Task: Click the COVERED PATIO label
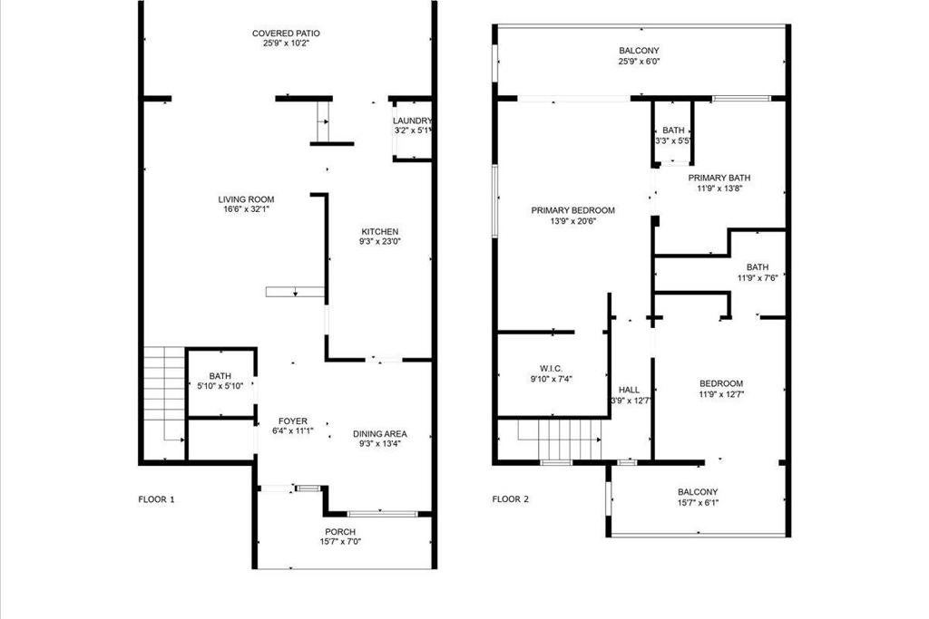[x=285, y=34]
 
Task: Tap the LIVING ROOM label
[x=245, y=199]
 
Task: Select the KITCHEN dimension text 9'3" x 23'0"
[x=378, y=242]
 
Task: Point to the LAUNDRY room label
[x=412, y=121]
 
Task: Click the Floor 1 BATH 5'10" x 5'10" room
[x=220, y=382]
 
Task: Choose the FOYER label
[x=292, y=421]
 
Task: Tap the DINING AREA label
[x=379, y=434]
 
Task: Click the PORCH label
[x=340, y=532]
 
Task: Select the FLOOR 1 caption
[x=156, y=499]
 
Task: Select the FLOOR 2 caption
[x=510, y=499]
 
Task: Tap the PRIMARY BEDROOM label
[x=572, y=210]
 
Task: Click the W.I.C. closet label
[x=551, y=368]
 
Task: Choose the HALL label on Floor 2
[x=630, y=390]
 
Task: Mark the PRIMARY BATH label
[x=719, y=178]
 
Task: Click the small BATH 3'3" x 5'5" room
[x=673, y=135]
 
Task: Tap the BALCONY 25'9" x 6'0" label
[x=639, y=52]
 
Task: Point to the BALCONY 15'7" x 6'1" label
[x=697, y=492]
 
